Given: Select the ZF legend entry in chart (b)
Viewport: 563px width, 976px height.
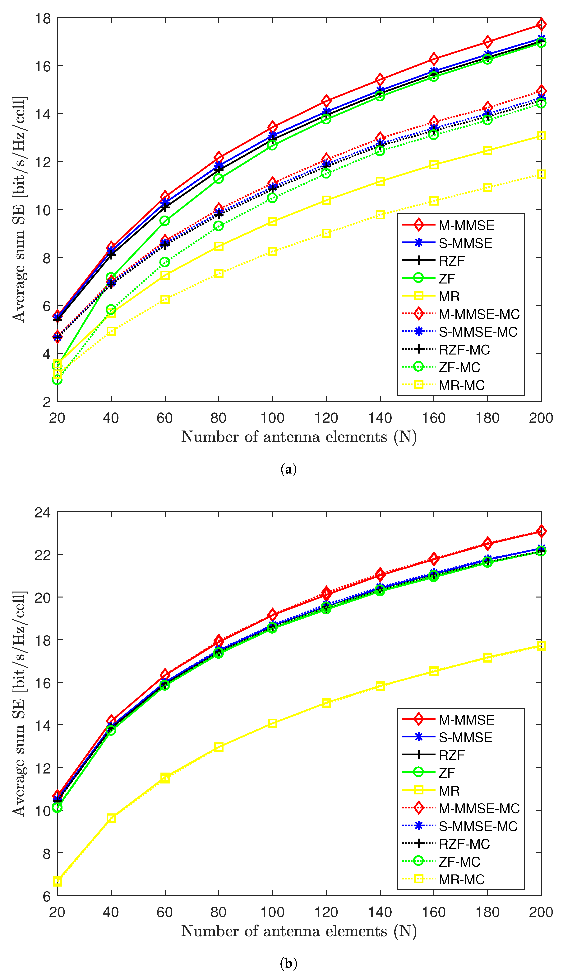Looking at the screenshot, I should (447, 773).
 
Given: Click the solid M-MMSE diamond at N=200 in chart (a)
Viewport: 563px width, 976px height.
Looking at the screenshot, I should (541, 24).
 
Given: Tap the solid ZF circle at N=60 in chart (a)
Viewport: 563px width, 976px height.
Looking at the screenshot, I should (165, 221).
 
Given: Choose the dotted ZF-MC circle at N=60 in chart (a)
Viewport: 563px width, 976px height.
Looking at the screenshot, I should (165, 262).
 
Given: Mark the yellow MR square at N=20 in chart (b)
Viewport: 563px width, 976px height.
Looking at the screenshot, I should (57, 882).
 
